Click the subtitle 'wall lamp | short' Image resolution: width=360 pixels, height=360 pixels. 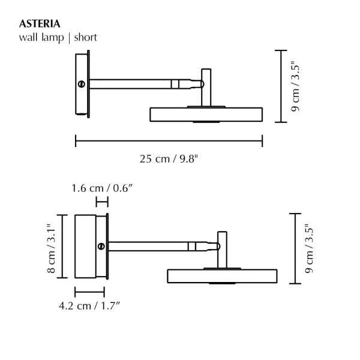click(58, 37)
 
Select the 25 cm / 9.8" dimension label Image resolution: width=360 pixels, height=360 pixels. click(169, 159)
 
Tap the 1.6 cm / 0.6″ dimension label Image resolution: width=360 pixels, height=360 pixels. click(102, 188)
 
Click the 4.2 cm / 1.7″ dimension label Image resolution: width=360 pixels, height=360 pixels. click(90, 306)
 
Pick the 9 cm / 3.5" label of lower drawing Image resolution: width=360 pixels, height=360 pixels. click(310, 248)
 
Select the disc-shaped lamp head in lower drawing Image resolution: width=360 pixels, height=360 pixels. click(223, 276)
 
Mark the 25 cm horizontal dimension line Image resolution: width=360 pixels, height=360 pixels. click(169, 142)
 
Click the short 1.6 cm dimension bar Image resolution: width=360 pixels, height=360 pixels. click(102, 203)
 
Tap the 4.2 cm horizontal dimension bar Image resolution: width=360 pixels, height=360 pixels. click(89, 292)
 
